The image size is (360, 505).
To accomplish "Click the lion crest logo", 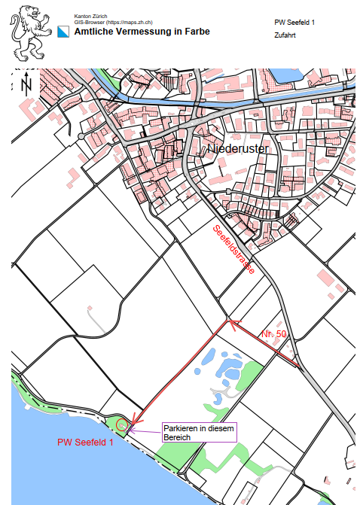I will pos(28,33).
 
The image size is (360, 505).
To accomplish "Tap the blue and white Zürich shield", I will pos(64,32).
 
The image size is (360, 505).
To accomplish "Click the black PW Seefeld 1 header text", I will pos(295,23).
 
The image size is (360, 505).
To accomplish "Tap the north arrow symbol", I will pos(27,83).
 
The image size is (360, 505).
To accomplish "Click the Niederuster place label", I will pos(236,150).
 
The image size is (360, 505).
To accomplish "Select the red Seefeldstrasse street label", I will pos(233,248).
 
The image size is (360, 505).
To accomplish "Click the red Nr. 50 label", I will pos(274,333).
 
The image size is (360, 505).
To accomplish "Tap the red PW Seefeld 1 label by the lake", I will pos(85,443).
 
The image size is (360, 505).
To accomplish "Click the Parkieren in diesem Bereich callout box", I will pos(198,432).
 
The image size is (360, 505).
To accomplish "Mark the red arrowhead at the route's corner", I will pos(233,324).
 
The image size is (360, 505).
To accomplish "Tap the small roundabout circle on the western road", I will pos(81,136).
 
